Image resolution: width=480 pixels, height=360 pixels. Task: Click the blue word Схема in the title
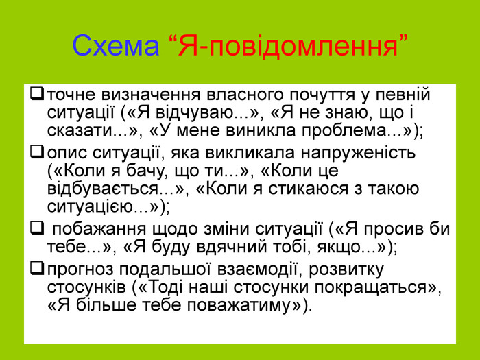116,46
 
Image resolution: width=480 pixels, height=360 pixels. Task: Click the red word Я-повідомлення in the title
289,46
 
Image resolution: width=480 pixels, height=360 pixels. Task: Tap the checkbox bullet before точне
37,94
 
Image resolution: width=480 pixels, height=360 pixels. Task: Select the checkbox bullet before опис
37,152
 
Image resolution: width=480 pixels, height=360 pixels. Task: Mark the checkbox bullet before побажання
37,228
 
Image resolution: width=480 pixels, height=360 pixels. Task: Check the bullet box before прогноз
37,269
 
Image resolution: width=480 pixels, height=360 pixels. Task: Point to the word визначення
151,95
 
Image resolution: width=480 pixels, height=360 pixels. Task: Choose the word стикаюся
309,189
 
